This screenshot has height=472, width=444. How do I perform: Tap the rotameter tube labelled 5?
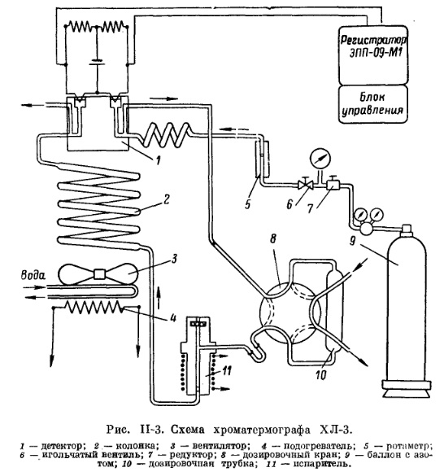tap(258, 160)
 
